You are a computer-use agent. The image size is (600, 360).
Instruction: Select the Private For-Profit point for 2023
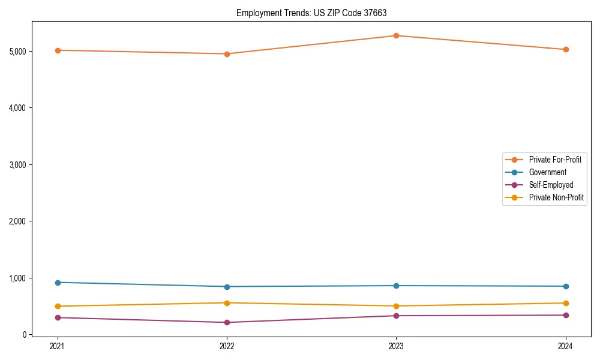pos(396,35)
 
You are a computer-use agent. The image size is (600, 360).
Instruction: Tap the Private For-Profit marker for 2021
pos(58,50)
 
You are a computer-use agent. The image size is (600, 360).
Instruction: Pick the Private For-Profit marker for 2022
pos(227,54)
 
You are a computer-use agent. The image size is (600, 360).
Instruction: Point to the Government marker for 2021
pos(58,283)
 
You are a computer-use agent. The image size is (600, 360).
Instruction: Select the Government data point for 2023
pos(396,286)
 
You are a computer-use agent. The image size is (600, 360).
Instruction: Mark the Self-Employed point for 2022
pos(227,322)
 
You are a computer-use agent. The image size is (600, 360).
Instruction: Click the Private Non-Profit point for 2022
pos(227,303)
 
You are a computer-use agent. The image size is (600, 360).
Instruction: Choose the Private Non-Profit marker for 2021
pos(58,306)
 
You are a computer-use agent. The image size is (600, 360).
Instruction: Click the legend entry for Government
pos(547,172)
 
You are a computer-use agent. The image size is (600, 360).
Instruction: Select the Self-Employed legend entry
pos(551,185)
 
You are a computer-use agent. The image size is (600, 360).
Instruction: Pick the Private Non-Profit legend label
pos(556,197)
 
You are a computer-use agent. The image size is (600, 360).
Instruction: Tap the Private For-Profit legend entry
pos(555,160)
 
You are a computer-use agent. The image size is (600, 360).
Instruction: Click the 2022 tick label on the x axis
pos(227,346)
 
